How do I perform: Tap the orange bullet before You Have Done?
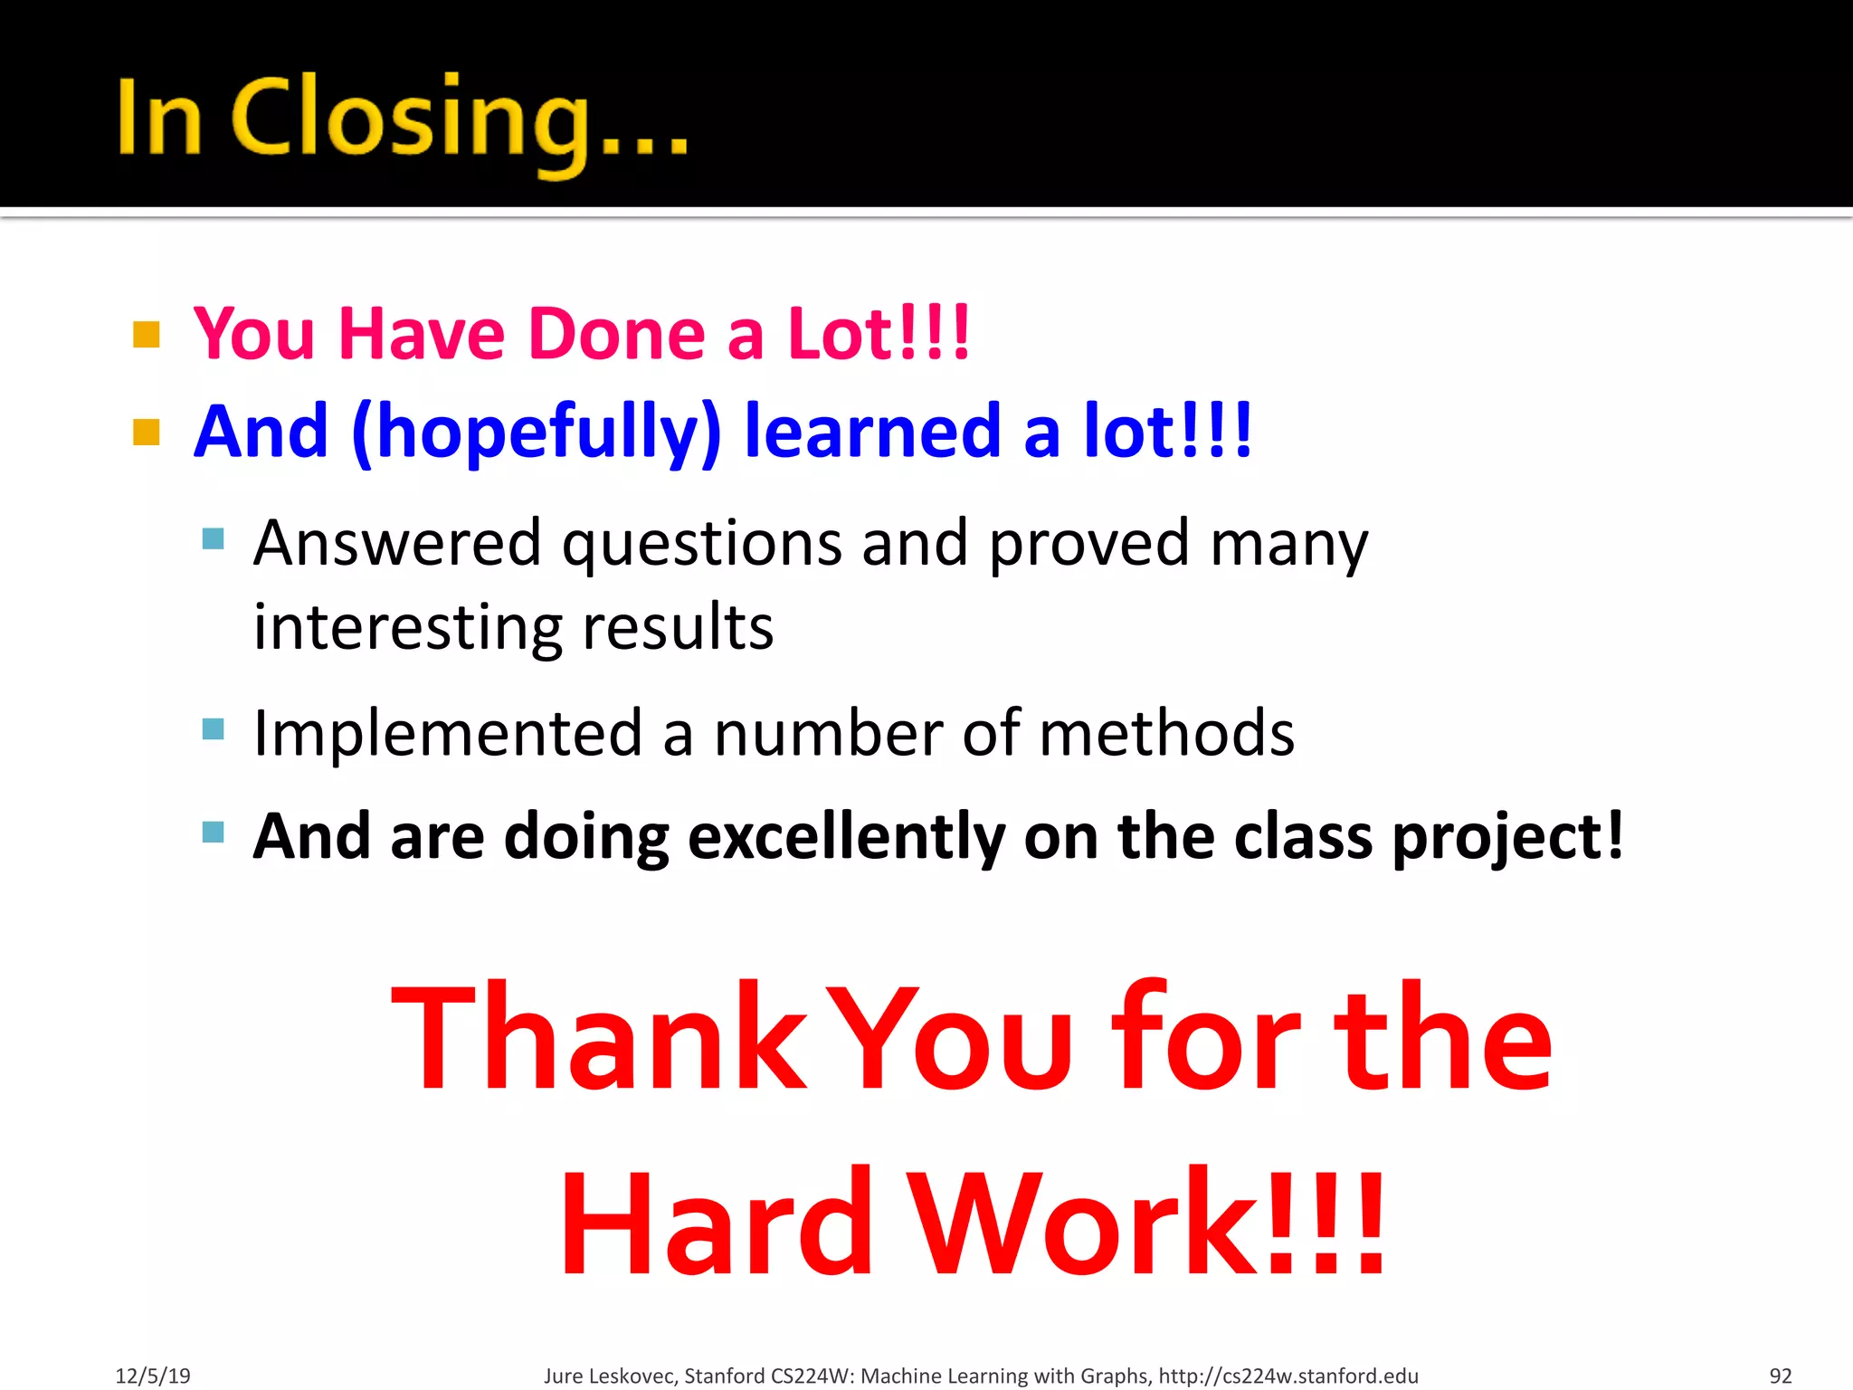pos(147,335)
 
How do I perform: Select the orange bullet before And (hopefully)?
pos(147,432)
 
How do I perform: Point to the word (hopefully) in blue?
pos(536,433)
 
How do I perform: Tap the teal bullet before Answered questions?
pos(214,539)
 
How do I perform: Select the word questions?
pos(702,544)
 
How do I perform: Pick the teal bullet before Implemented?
pos(214,728)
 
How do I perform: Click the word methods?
pos(1166,732)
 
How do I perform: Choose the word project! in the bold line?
pos(1507,836)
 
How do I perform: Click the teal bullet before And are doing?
pos(214,832)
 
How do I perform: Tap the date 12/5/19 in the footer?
pos(153,1376)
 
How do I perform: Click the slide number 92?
pos(1780,1376)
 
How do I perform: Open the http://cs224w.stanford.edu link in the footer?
pos(1288,1376)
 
